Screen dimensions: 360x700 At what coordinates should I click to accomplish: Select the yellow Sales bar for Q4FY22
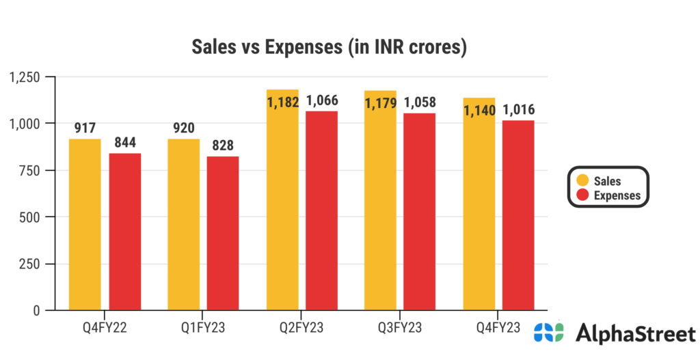85,225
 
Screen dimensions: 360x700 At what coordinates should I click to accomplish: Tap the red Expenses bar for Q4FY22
124,232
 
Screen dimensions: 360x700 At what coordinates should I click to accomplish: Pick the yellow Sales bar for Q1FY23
183,225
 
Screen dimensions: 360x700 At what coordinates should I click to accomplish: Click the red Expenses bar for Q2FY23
321,212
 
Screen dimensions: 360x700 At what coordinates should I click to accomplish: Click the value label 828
224,145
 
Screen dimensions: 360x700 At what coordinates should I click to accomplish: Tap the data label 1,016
519,109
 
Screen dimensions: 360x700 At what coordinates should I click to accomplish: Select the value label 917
85,128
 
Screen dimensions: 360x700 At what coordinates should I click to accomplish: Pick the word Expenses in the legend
617,195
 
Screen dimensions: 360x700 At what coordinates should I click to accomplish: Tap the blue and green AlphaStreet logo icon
549,333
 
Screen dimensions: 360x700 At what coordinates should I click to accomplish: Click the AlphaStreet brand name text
631,333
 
